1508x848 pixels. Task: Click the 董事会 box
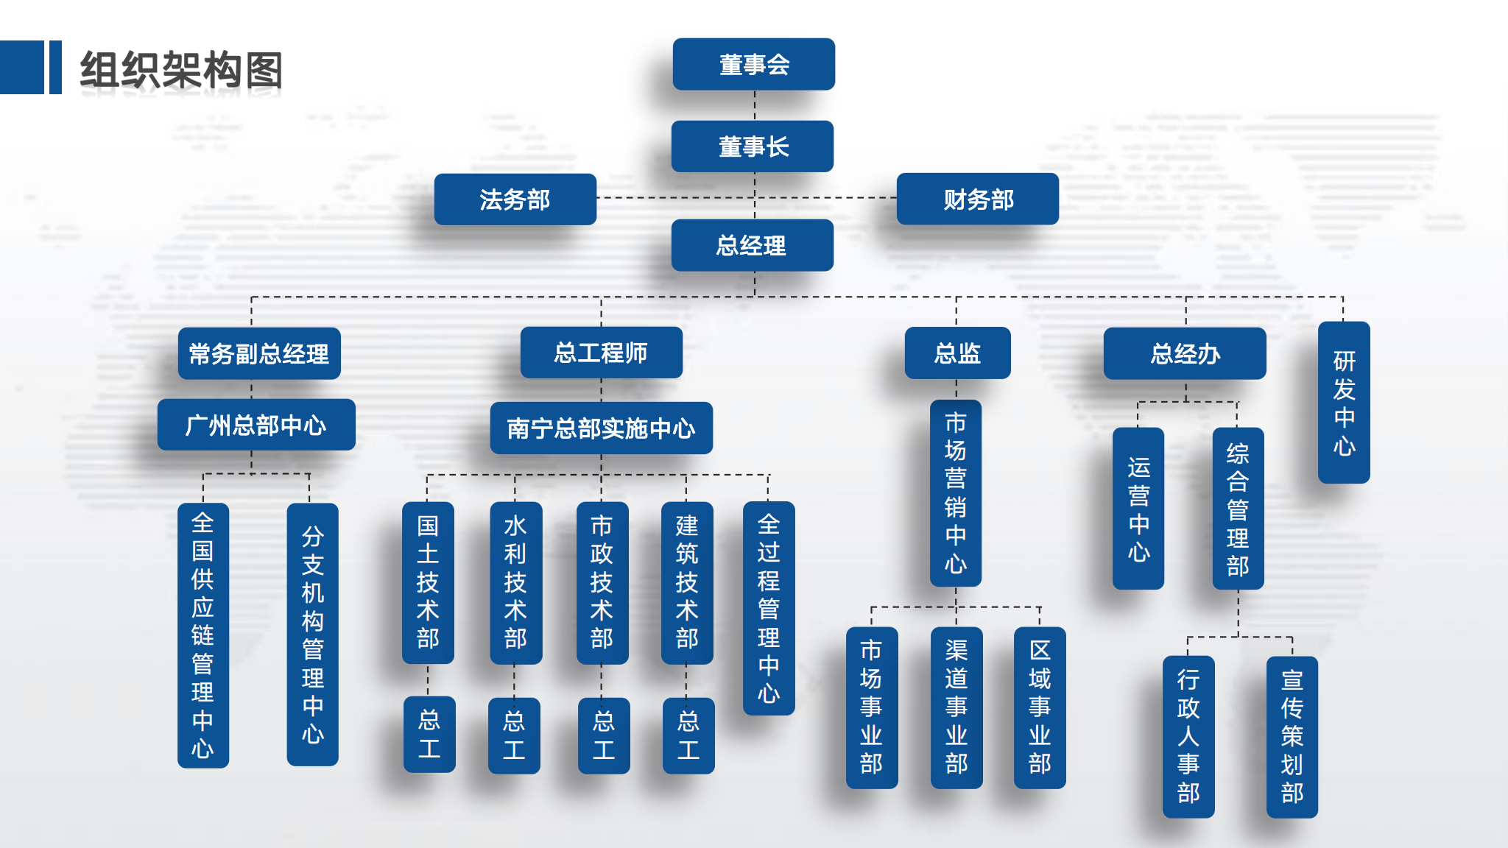754,64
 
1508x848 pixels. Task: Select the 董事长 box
753,146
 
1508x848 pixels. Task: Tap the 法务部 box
515,199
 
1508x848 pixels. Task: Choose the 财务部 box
978,199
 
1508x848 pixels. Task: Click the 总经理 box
753,245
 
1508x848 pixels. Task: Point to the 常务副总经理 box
259,353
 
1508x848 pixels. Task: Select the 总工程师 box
602,353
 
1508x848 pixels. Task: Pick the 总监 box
957,353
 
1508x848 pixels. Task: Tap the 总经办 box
1185,353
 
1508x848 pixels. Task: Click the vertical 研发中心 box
1344,403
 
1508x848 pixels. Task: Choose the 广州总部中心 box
256,425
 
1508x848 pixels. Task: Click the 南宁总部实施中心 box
602,428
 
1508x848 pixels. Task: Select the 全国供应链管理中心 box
203,636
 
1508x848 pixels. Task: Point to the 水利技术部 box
516,583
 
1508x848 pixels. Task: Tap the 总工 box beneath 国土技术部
429,735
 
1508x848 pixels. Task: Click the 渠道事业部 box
956,708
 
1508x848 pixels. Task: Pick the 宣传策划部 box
1292,737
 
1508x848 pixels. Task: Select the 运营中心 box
1138,509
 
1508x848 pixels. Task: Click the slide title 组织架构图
181,70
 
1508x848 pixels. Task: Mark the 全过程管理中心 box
769,608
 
